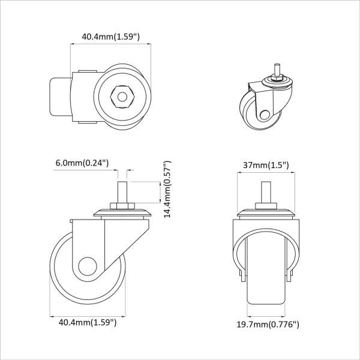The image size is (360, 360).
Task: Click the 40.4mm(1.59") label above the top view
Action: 110,37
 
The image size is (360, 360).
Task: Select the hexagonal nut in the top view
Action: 122,97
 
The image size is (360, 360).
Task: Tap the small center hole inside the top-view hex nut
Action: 122,97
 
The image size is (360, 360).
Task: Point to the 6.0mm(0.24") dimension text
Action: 82,163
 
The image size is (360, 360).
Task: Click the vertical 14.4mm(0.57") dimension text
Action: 167,189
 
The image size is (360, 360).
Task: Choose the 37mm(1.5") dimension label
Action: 266,165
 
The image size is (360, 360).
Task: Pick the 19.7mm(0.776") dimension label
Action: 268,325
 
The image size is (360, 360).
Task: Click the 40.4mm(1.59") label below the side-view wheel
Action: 88,322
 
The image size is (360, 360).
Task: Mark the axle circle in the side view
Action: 88,266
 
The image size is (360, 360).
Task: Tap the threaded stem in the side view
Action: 122,192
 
